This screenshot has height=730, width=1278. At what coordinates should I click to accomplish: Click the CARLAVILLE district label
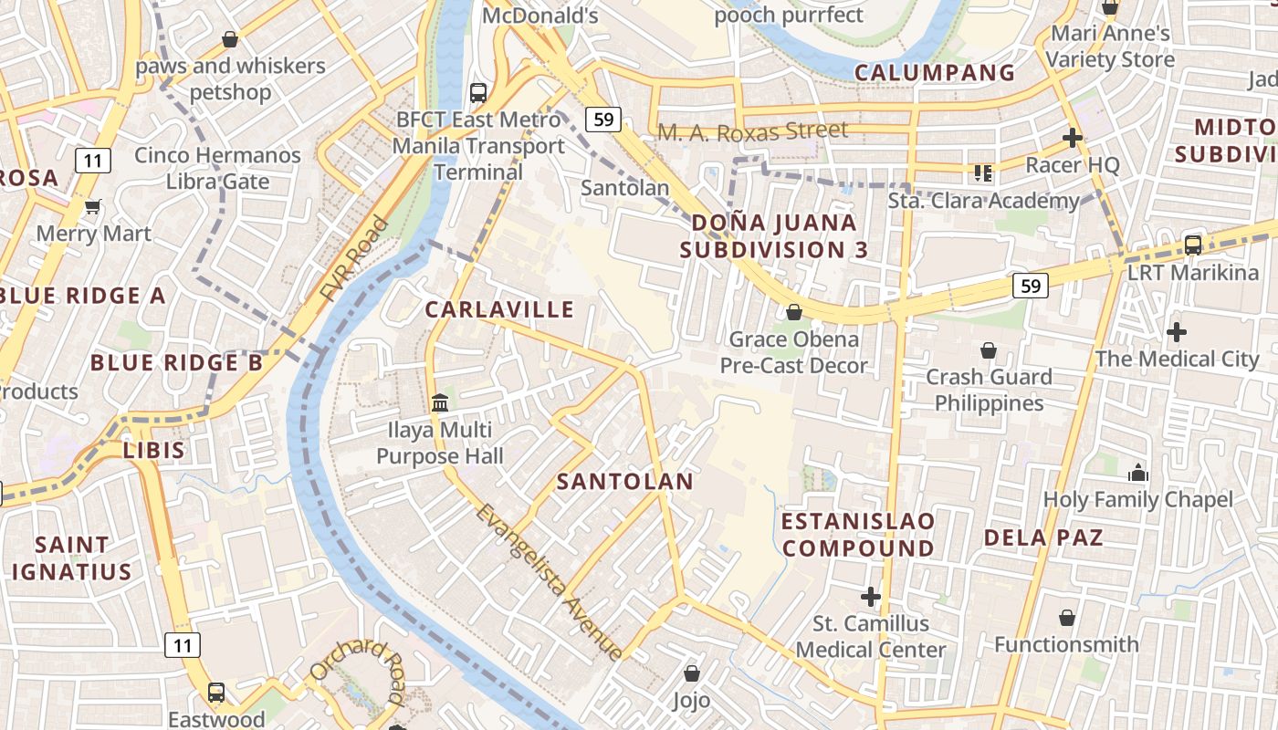pos(499,309)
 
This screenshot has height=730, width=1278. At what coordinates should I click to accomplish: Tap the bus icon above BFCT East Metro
pos(477,92)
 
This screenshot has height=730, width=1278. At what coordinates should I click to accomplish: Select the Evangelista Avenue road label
pos(549,582)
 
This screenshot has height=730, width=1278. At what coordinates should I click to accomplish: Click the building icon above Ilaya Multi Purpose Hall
pos(440,402)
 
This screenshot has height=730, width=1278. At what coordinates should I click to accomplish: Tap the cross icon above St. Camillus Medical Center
pos(871,597)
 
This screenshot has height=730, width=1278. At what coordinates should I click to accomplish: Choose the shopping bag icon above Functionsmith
pos(1066,619)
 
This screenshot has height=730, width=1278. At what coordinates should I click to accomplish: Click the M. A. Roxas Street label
pos(752,131)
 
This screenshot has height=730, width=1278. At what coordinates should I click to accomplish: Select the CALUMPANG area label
pos(934,73)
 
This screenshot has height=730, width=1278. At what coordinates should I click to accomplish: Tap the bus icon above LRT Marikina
pos(1192,245)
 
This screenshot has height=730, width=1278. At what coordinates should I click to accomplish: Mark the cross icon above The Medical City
pos(1177,332)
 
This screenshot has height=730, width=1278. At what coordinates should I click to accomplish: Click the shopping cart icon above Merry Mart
pos(92,207)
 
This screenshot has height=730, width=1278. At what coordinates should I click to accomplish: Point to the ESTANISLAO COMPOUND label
pos(858,535)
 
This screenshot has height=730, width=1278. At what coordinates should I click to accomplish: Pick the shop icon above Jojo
pos(691,674)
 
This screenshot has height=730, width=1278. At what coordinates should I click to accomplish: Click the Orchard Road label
pos(358,672)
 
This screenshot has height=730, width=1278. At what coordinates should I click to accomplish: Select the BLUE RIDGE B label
pos(176,363)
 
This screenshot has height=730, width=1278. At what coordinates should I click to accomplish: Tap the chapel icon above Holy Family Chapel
pos(1137,473)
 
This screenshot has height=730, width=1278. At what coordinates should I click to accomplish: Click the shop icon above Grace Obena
pos(794,312)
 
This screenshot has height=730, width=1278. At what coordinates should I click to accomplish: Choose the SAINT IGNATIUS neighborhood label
pos(71,558)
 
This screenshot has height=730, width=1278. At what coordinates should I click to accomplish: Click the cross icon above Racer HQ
pos(1072,138)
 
